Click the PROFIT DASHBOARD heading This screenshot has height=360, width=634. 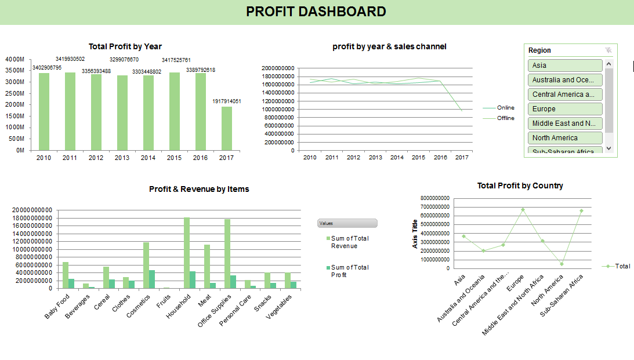[x=316, y=12]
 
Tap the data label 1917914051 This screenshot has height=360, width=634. [x=226, y=101]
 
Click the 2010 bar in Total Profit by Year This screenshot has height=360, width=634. [x=44, y=111]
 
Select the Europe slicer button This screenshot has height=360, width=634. [x=565, y=109]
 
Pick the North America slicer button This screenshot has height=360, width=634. [x=565, y=138]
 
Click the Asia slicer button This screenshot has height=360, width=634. [x=565, y=66]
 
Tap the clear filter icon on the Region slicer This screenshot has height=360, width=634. [x=608, y=50]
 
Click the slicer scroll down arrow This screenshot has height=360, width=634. [x=608, y=148]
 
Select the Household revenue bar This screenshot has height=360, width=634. [x=187, y=253]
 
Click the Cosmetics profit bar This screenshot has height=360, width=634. [x=152, y=279]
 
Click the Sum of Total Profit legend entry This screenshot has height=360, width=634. [x=350, y=271]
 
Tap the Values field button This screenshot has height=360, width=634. [x=347, y=223]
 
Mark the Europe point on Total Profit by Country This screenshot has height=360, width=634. [x=523, y=210]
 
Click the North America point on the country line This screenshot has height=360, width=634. [x=561, y=264]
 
